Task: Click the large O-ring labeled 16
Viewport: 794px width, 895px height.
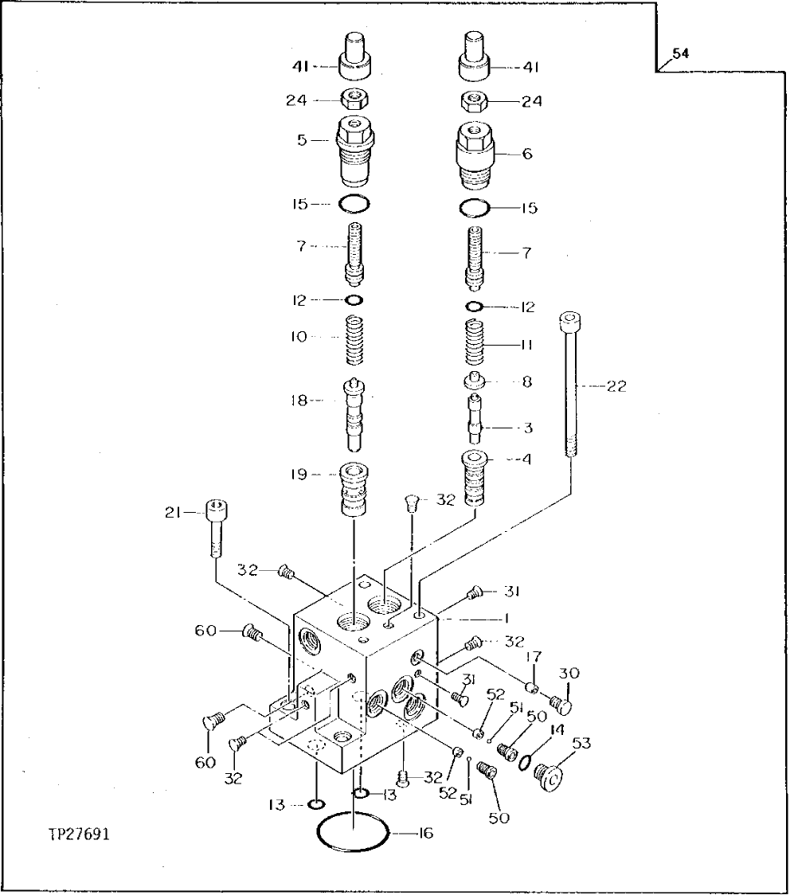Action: click(x=353, y=834)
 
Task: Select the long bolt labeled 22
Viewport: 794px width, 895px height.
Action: click(x=571, y=385)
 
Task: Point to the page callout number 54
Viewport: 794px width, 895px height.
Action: click(x=679, y=54)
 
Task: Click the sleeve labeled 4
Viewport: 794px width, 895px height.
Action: click(x=475, y=478)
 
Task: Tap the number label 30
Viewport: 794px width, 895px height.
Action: click(x=568, y=673)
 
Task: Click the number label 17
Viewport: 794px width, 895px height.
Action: click(x=534, y=657)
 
